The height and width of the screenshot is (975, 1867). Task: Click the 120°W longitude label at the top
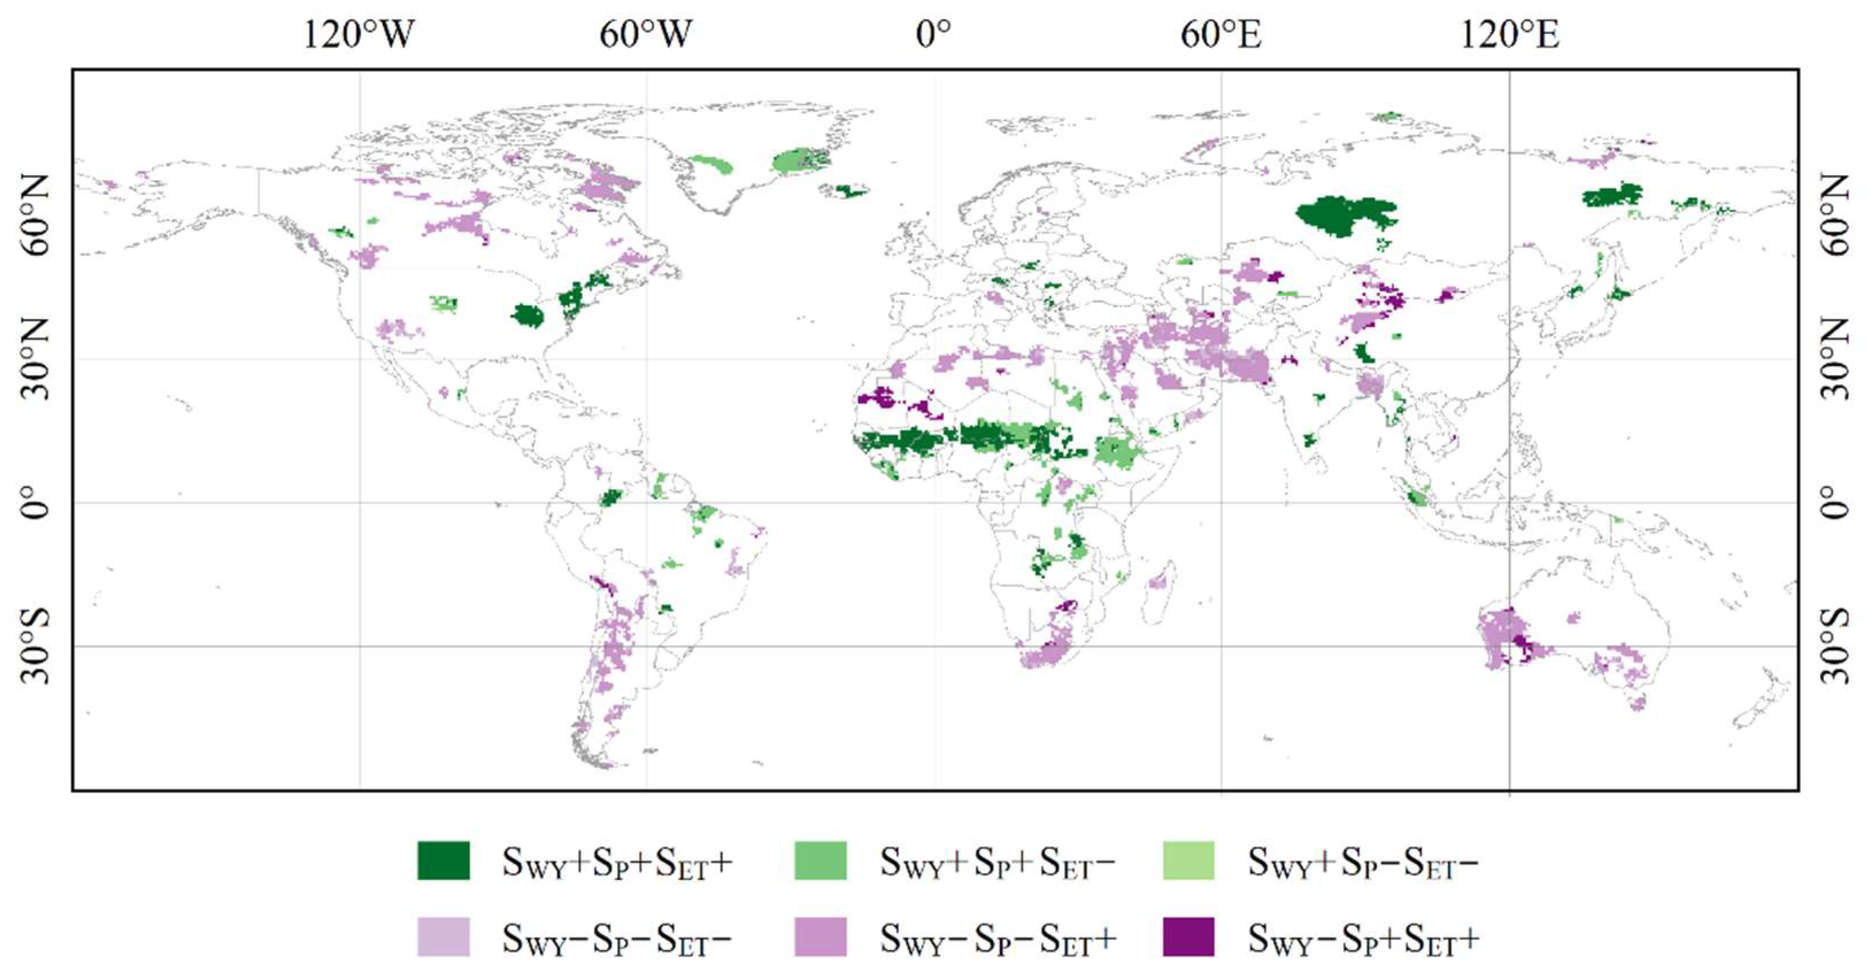(x=358, y=34)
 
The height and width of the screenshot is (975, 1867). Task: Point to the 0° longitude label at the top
(x=933, y=34)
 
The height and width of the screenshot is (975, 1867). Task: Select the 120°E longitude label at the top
(x=1509, y=34)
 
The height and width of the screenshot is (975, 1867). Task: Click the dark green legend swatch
(x=443, y=861)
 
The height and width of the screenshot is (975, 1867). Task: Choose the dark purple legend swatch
(x=1188, y=937)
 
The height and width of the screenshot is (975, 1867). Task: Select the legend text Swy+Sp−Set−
(x=1363, y=862)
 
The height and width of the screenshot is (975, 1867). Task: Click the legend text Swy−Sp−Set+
(x=997, y=939)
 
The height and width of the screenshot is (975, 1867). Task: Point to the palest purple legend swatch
(x=443, y=937)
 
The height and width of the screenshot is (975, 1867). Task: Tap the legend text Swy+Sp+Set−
(x=997, y=862)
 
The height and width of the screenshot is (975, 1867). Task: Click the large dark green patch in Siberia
(x=1344, y=214)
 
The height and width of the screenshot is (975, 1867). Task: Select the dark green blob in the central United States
(x=527, y=315)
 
